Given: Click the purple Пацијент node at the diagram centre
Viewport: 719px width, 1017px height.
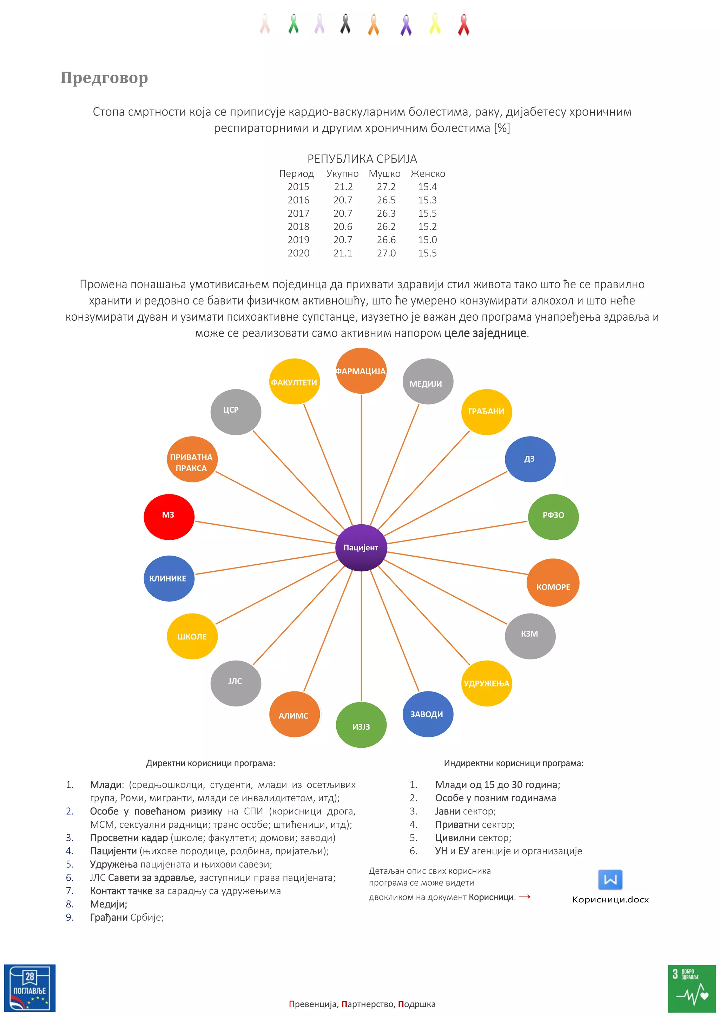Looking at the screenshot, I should pos(361,547).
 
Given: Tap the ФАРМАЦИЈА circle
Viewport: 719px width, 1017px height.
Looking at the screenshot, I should pos(361,371).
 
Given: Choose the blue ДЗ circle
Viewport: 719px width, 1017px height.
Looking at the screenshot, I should pos(530,459).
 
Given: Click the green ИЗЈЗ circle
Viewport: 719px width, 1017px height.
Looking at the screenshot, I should pos(361,725).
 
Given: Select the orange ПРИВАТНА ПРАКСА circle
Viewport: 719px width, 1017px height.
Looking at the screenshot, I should pos(192,459).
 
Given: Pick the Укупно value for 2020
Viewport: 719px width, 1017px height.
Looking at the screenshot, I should pos(343,253).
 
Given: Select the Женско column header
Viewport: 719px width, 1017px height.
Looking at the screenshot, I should pos(428,173).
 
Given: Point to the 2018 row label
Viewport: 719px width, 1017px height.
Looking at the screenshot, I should pos(298,227).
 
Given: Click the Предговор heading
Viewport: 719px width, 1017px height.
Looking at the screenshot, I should pos(105,78).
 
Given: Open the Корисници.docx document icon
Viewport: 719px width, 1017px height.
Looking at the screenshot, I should pos(610,880).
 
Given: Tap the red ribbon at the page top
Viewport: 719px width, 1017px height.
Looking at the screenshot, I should pos(463,24).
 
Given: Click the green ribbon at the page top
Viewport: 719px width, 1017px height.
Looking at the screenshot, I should pos(293,24).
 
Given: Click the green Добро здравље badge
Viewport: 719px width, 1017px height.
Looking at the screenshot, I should pos(691,988).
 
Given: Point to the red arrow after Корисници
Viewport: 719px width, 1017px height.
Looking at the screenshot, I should pos(525,897).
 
